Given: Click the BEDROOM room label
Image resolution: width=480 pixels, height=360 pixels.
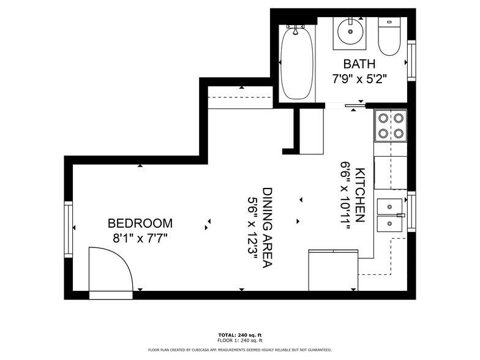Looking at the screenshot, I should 140,223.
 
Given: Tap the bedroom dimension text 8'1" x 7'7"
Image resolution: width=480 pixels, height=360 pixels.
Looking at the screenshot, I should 140,237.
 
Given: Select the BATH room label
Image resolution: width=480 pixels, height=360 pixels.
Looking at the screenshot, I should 359,64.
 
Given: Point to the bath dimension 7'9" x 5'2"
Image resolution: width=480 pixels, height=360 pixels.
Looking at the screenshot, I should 359,78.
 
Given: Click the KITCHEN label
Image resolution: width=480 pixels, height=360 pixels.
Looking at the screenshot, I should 360,195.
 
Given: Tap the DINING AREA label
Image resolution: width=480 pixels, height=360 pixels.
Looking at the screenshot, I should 268,228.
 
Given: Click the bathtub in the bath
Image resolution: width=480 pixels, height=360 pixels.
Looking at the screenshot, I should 296,61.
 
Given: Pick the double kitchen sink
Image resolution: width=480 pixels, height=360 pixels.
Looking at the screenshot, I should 390,214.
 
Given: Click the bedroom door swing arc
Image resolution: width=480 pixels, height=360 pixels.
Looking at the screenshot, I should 113,269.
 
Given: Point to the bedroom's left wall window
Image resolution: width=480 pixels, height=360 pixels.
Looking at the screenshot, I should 69,229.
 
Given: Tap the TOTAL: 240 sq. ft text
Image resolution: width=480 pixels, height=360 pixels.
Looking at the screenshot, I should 239,335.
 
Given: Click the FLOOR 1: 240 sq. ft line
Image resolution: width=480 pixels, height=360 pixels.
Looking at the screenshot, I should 239,340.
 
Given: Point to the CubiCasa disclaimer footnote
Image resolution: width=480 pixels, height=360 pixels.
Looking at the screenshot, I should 239,350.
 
